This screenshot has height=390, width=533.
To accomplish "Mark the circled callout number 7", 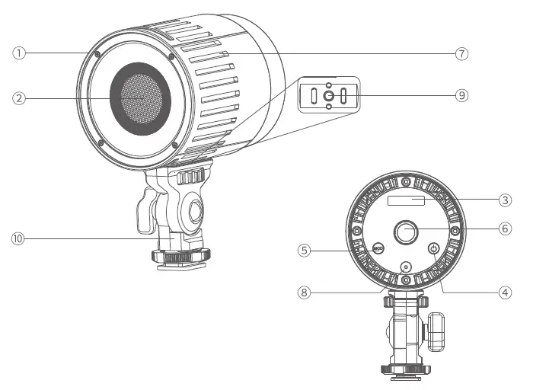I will pos(461,53).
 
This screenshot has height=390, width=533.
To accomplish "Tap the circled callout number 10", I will pos(19,239).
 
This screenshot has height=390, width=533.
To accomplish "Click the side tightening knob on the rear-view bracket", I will pos(435,330).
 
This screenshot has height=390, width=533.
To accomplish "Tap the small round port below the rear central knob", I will pos(405,267).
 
